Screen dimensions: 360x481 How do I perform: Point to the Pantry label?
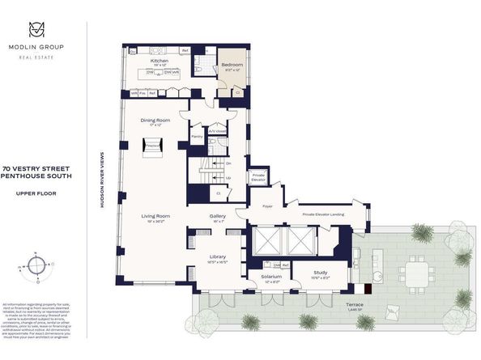195,138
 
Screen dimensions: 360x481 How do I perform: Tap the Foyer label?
269,205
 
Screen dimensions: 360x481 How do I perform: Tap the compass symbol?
37,265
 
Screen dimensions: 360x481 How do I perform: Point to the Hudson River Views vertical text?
102,181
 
